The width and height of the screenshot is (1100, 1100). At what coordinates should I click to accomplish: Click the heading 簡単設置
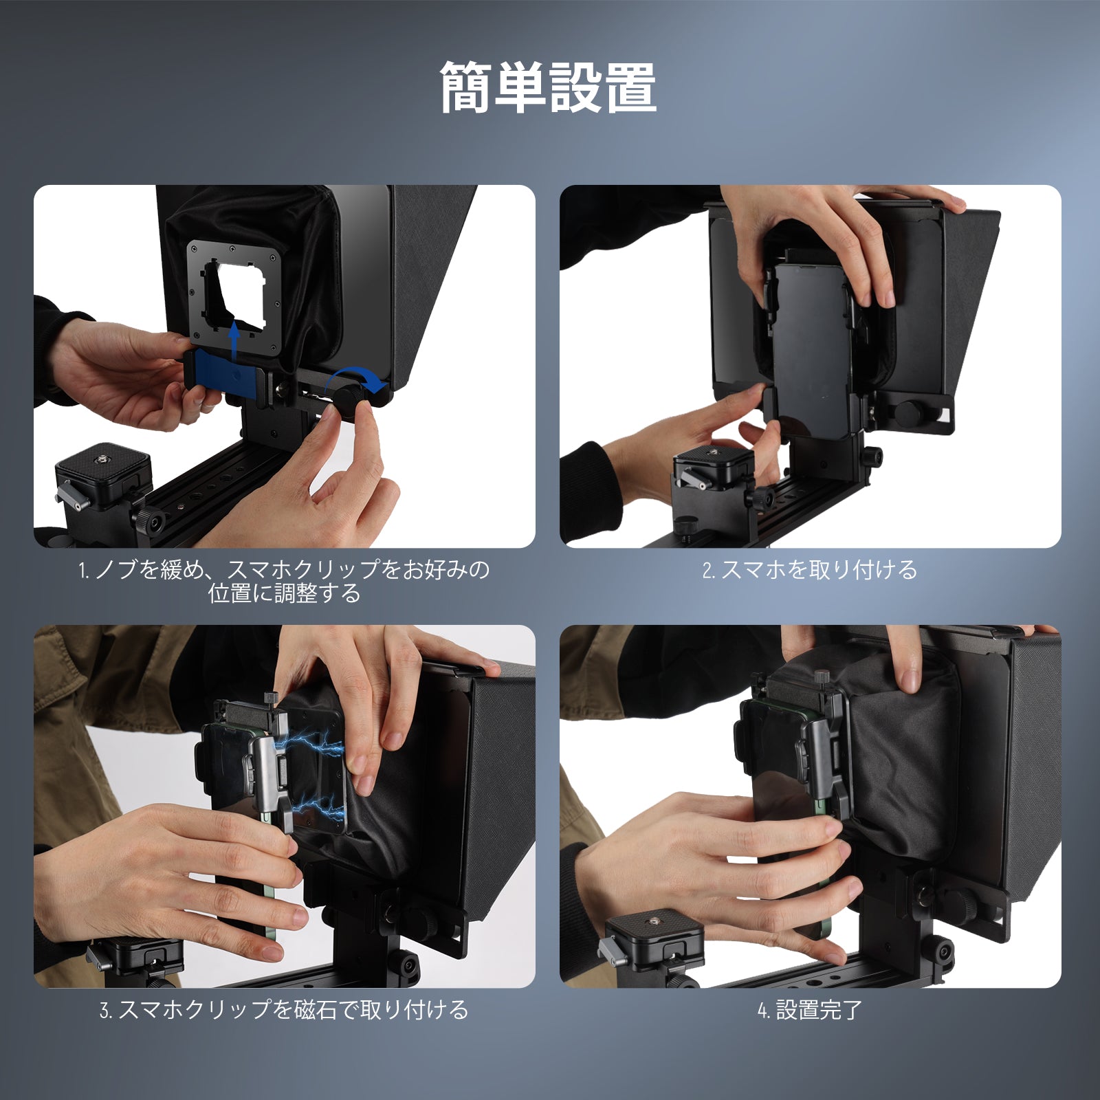click(x=549, y=87)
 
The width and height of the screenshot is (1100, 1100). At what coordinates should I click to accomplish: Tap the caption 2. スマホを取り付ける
click(x=810, y=570)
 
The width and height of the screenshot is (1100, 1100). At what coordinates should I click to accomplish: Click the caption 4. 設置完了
click(x=809, y=1010)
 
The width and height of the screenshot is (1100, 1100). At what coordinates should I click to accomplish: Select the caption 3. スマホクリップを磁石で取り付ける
click(x=284, y=1010)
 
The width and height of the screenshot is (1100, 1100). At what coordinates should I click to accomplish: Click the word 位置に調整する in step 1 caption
click(x=284, y=593)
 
